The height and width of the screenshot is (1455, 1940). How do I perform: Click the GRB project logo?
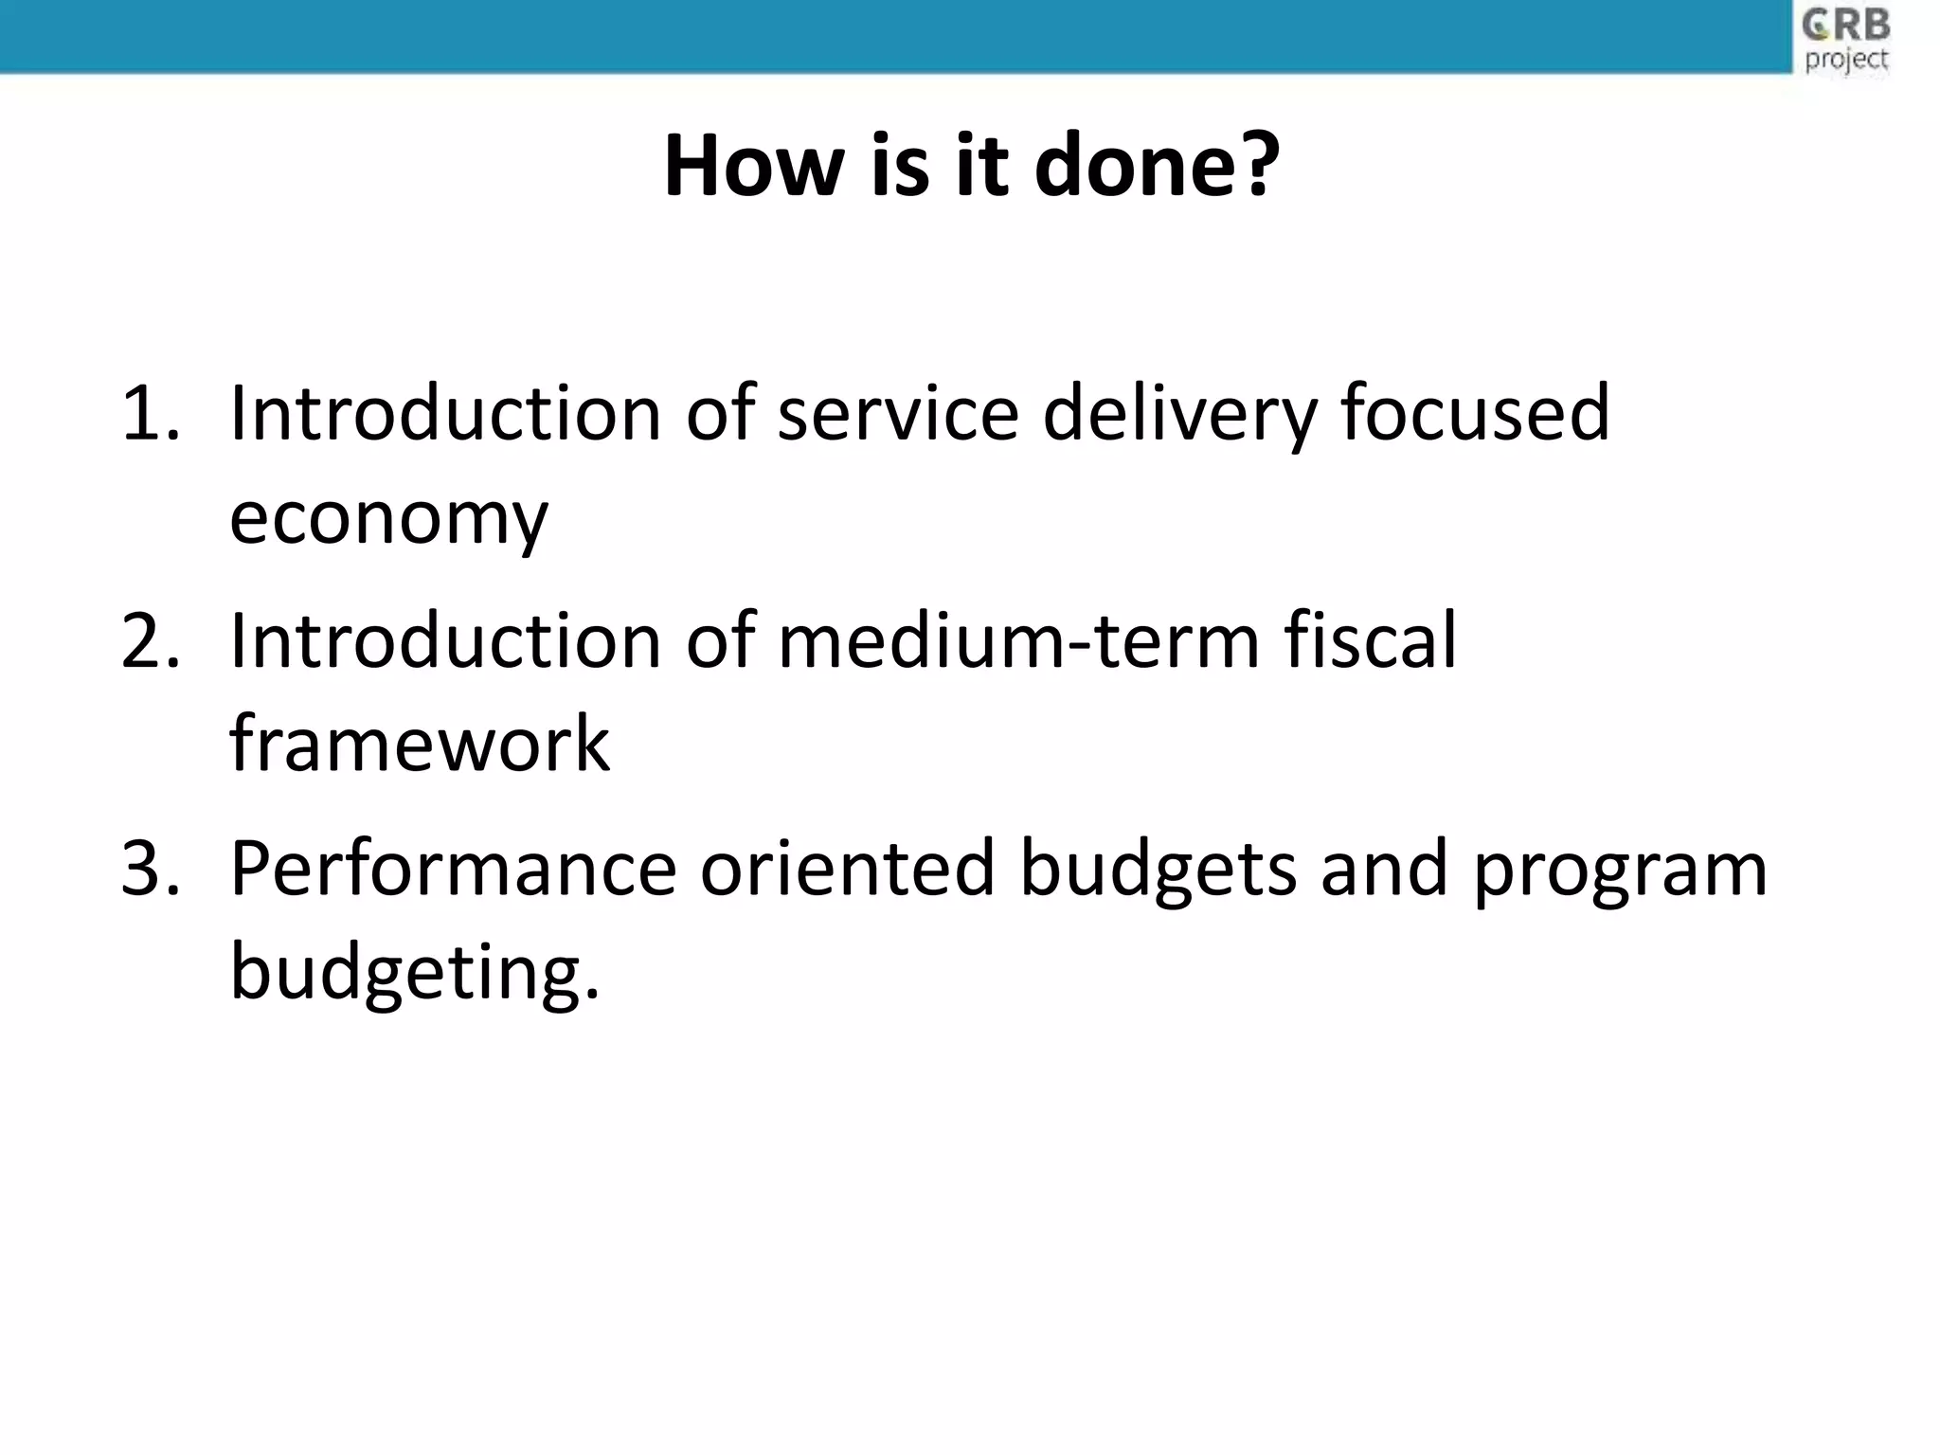1846,40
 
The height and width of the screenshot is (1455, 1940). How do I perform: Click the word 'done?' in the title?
1157,167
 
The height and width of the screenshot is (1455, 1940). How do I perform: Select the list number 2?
150,641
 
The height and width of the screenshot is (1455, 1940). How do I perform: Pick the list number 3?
150,869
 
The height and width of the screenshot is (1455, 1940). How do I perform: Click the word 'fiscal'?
1370,641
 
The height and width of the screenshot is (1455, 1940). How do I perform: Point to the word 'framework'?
420,745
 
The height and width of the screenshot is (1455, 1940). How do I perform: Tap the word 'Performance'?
453,869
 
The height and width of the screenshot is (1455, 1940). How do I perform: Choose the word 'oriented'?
847,869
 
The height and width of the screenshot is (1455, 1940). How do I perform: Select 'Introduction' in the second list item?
445,641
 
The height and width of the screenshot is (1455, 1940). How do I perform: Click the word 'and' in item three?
1384,869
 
